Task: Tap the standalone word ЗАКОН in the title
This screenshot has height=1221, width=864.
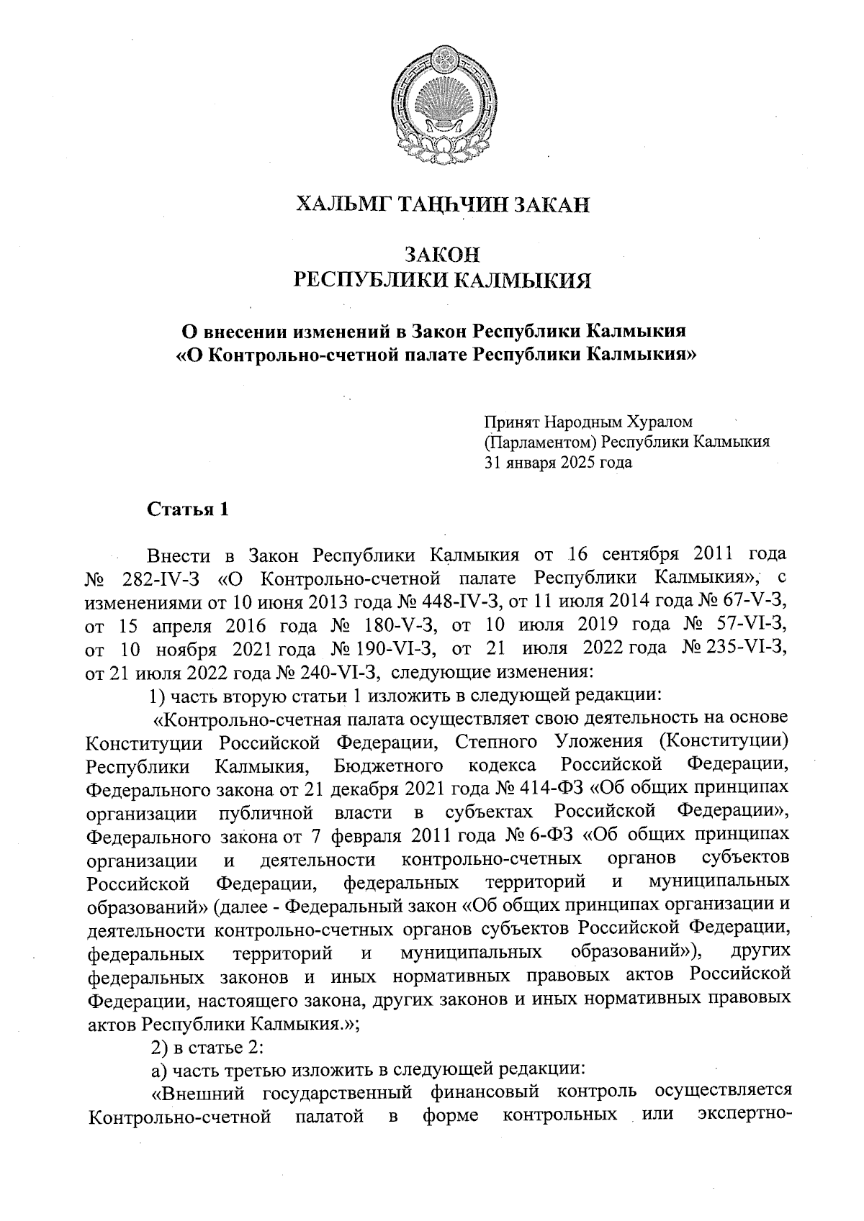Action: (442, 255)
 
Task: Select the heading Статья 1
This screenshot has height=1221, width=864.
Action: (187, 509)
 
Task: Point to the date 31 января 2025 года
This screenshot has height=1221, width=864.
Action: (558, 462)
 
